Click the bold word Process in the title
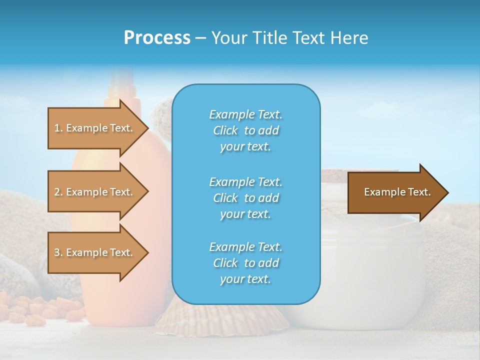point(157,38)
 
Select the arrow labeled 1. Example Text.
point(95,128)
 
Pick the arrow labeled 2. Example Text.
point(95,192)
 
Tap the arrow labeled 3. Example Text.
point(95,252)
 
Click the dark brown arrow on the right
point(395,192)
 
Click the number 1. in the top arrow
point(58,128)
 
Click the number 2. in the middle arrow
point(58,192)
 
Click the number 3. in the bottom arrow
point(58,252)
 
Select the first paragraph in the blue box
point(245,130)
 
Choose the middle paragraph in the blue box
point(245,197)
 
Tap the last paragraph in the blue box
point(245,263)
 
